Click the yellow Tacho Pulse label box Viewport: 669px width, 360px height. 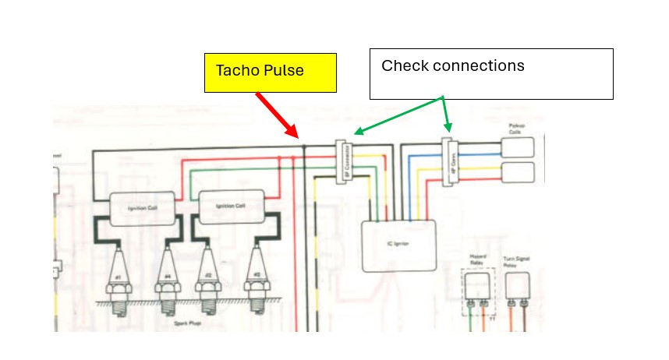pyautogui.click(x=270, y=72)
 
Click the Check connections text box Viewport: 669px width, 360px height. pyautogui.click(x=490, y=74)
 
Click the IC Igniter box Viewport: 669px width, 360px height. pyautogui.click(x=398, y=245)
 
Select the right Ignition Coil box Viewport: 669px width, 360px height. pyautogui.click(x=230, y=206)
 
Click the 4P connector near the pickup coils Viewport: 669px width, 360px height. pyautogui.click(x=448, y=163)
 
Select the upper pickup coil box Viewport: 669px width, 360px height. pyautogui.click(x=518, y=147)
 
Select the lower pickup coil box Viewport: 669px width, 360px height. pyautogui.click(x=518, y=171)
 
